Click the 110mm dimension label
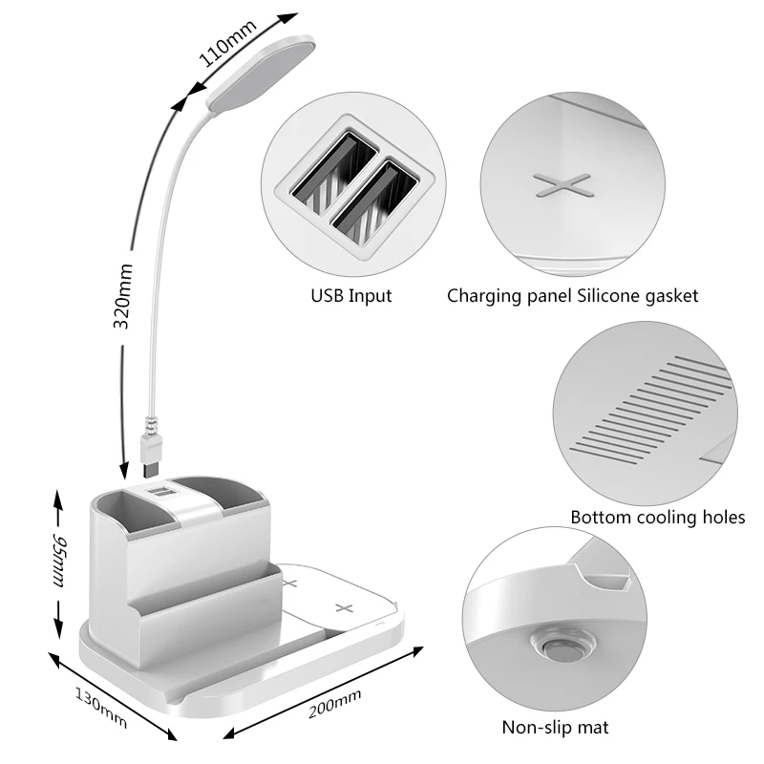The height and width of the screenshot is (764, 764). (228, 44)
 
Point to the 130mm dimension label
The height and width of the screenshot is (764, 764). (101, 705)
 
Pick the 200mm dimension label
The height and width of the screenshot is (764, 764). (334, 705)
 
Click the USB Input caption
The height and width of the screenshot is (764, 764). (351, 296)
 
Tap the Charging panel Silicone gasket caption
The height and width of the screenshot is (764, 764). (573, 296)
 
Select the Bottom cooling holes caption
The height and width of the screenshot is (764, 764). (657, 518)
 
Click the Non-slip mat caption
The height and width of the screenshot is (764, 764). (555, 728)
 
